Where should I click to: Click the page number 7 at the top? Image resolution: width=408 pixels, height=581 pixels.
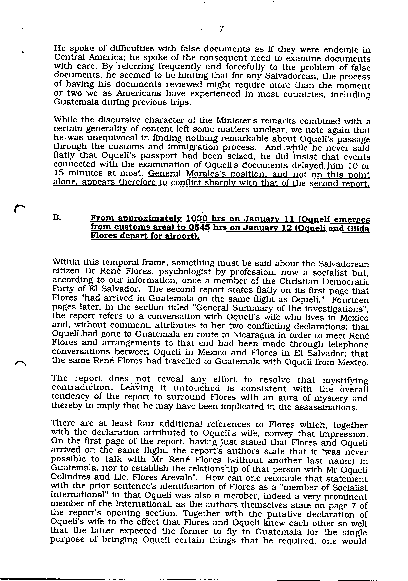(x=221, y=29)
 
